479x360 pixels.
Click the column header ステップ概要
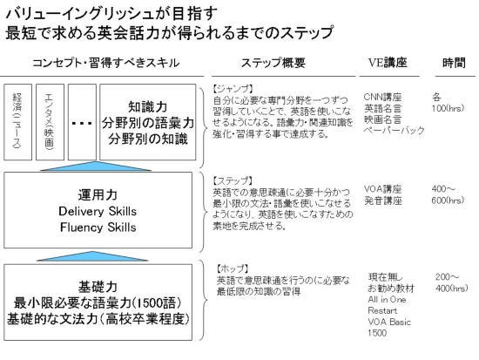[273, 63]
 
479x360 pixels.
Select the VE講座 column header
[388, 63]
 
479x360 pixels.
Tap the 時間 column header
[454, 63]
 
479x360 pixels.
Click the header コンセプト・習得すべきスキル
[105, 63]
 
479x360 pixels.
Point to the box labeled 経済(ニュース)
[17, 122]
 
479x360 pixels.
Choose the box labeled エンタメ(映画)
[51, 122]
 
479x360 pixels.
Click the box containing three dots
[82, 122]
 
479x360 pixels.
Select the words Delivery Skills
[98, 211]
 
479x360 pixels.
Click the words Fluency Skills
[98, 228]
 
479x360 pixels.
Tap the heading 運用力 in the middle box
[98, 195]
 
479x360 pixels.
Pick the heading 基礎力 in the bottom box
[98, 287]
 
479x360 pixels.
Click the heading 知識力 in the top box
[148, 106]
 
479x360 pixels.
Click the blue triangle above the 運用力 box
[96, 167]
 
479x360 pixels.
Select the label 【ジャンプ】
[233, 89]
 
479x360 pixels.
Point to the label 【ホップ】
[233, 268]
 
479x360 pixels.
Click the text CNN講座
[382, 98]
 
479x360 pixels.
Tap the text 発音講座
[383, 200]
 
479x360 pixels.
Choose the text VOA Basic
[389, 322]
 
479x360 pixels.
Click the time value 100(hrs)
[448, 108]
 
